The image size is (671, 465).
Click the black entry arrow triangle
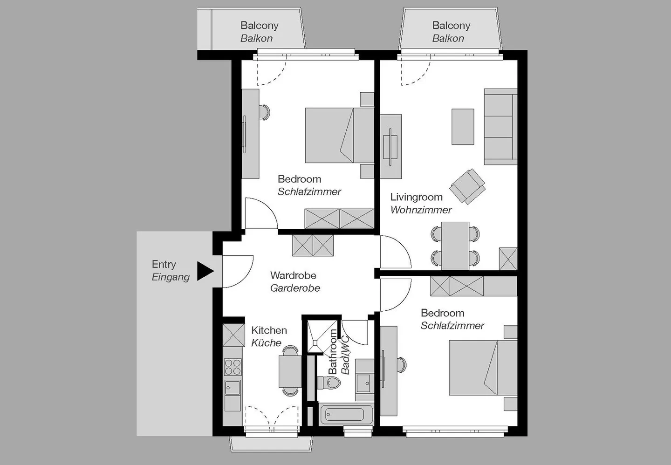204,271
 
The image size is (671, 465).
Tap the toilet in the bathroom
331,383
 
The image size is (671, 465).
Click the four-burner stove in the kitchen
233,367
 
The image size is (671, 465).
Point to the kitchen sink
233,387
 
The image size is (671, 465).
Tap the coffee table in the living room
463,127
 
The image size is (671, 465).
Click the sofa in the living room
500,127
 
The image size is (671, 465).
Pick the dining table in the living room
455,246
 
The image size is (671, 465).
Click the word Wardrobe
293,275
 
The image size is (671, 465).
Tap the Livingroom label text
416,197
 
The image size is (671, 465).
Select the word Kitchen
269,330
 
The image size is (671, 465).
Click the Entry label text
164,264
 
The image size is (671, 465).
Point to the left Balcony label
259,26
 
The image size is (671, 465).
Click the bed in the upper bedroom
339,135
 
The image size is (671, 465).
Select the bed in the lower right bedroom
483,368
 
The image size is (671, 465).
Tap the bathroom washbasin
363,383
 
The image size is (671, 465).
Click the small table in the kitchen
290,371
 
